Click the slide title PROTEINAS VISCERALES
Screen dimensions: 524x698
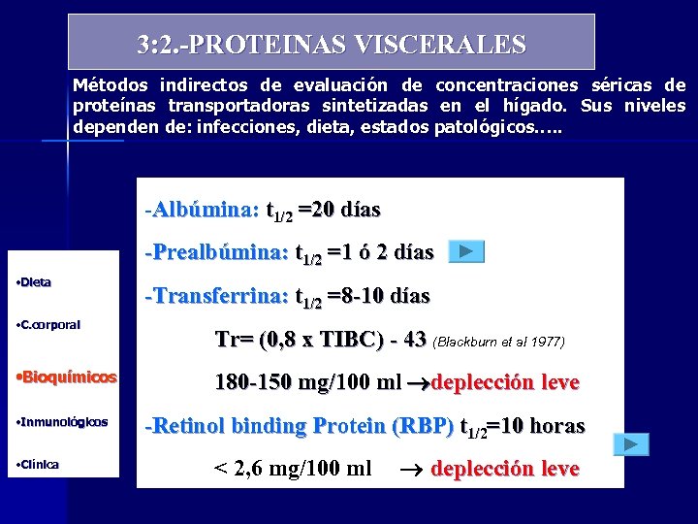[x=332, y=45]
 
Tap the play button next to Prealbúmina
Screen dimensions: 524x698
[x=466, y=252]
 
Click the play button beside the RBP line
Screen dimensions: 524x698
[x=630, y=444]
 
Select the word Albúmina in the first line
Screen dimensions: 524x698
[x=205, y=210]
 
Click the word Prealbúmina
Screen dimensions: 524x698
[x=220, y=252]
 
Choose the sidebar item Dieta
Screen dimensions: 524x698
[x=35, y=282]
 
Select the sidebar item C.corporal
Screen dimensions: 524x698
[x=49, y=325]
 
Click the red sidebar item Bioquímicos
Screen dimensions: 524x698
[x=67, y=377]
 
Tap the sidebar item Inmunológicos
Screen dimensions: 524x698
[x=63, y=422]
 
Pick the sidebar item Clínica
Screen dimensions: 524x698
[x=38, y=464]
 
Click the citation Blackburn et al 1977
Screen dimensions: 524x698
[x=498, y=342]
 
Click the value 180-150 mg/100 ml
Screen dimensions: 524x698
[x=307, y=382]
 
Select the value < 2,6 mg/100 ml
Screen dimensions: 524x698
[x=292, y=469]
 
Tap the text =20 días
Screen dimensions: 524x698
[x=339, y=210]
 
